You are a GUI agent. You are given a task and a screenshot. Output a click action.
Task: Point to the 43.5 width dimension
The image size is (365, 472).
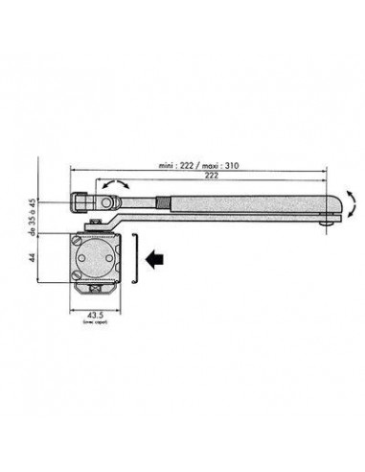click(x=93, y=316)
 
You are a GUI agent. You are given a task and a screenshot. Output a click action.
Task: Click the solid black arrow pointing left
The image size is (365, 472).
click(x=153, y=256)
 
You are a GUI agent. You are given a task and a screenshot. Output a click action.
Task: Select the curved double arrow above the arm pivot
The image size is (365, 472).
click(x=114, y=185)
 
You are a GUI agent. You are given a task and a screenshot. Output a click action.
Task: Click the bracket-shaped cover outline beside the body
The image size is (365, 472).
click(x=138, y=256)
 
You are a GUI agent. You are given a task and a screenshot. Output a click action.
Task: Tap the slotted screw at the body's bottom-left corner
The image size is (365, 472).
click(x=77, y=274)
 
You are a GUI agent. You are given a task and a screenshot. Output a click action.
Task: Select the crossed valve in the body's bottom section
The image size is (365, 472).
click(x=93, y=291)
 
